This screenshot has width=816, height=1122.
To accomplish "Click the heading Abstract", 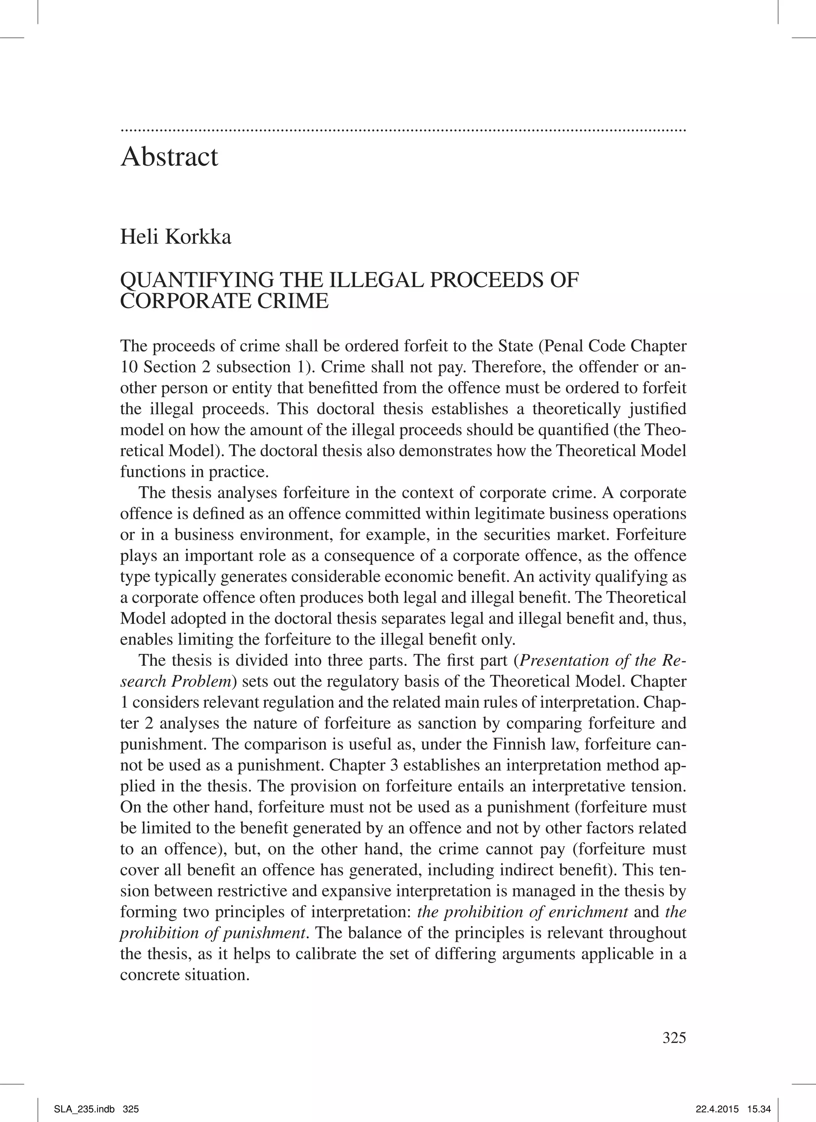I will (169, 157).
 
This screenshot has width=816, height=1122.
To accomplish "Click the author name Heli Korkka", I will (175, 237).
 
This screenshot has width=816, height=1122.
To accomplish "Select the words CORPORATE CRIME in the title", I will (224, 301).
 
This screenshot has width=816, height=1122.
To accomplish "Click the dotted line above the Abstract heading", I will (403, 130).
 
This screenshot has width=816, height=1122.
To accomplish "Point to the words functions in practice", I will (194, 471).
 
